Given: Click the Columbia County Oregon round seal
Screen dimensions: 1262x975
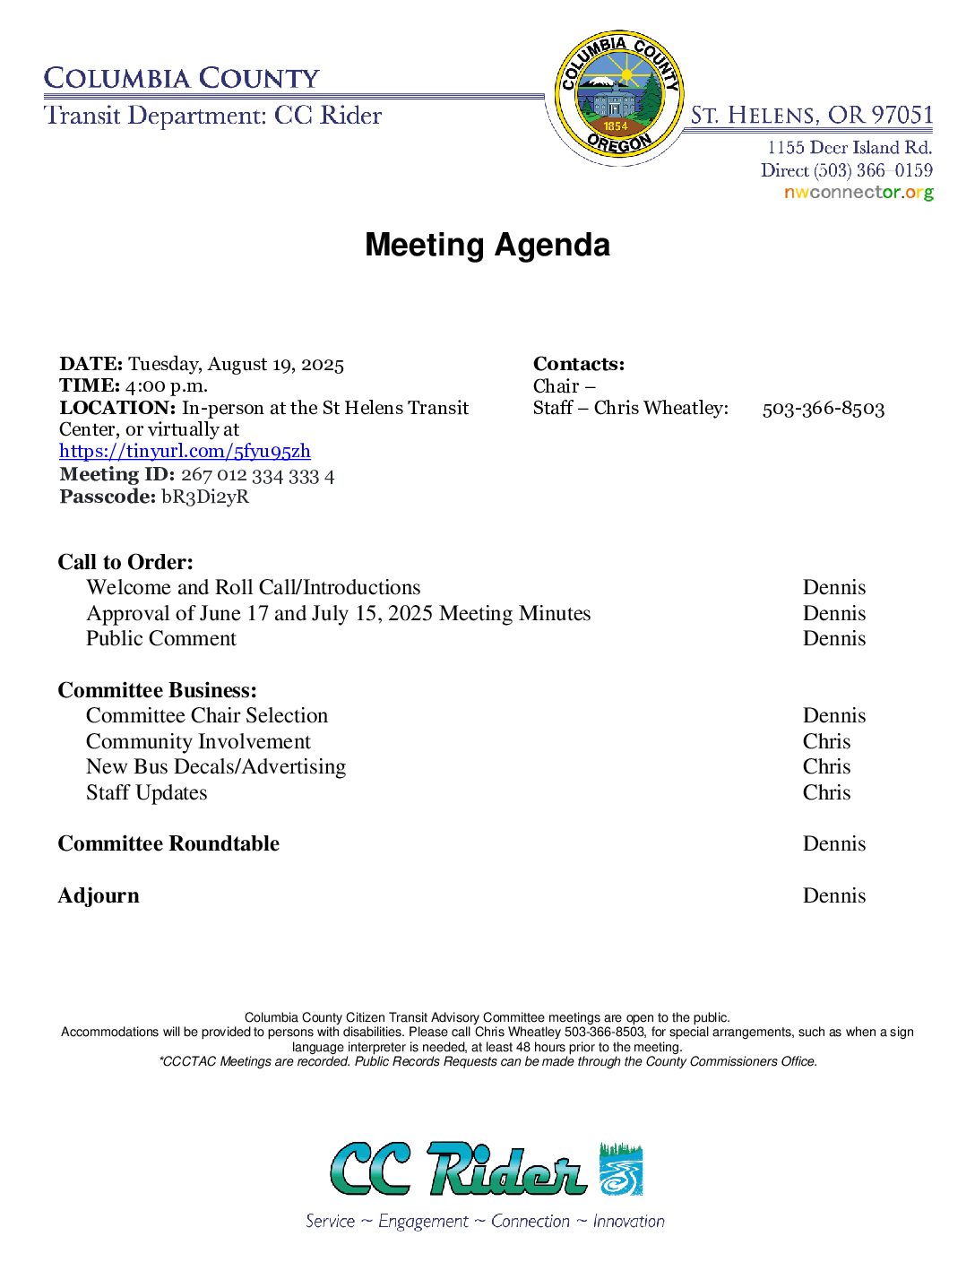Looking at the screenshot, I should (617, 95).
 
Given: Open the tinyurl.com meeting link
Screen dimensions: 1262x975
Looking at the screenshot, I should (185, 452).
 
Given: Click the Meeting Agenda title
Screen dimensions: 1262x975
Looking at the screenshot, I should (487, 245).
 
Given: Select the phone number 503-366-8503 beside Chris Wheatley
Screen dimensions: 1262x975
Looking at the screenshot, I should (823, 409).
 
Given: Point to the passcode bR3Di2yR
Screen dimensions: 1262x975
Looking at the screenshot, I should (205, 497).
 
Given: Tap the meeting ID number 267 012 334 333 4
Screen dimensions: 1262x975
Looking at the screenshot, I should (257, 475).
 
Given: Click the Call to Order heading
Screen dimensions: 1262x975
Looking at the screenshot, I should (125, 562).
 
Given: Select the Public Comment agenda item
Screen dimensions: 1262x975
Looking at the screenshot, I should (161, 638).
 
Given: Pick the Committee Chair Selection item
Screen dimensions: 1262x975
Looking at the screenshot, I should (207, 715).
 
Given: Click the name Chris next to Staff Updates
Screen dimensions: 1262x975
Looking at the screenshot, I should (826, 792).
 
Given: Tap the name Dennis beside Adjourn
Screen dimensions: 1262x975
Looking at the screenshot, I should (833, 895).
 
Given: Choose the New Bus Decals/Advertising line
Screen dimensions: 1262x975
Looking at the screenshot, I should (216, 767).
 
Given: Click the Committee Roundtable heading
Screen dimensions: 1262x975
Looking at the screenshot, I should (168, 843).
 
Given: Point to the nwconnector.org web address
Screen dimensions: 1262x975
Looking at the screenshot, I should (859, 193).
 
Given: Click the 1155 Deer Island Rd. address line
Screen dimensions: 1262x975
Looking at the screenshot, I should (849, 147).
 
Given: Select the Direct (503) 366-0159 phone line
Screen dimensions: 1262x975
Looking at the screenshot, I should (846, 170).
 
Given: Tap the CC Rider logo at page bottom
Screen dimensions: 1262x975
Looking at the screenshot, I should (487, 1169).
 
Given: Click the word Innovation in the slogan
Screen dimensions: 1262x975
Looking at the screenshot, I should (628, 1221).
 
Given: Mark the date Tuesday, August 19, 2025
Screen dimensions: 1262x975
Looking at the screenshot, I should (236, 364).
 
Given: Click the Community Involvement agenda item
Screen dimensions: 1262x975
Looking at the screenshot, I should (198, 741).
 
